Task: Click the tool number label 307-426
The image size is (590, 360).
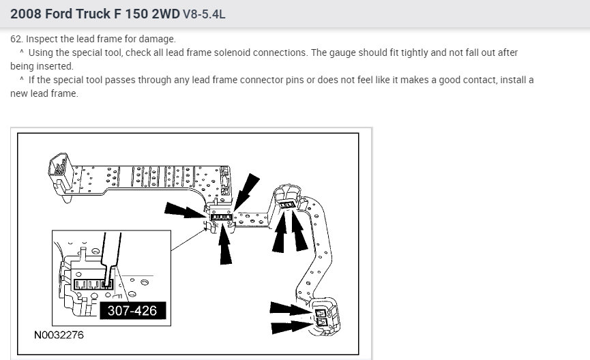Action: click(x=132, y=311)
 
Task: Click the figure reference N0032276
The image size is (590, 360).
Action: click(x=59, y=335)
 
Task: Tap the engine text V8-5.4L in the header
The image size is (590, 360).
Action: click(x=204, y=14)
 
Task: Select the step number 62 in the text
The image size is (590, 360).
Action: click(x=16, y=39)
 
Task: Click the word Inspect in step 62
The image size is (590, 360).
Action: click(x=41, y=39)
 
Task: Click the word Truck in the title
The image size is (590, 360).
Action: click(x=93, y=14)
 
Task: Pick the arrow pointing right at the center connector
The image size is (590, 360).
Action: click(x=186, y=210)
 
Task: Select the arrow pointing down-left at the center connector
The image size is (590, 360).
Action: click(x=246, y=192)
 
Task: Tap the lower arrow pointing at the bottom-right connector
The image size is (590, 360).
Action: click(x=292, y=327)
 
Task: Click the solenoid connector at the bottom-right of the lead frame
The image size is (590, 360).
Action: click(x=325, y=316)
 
